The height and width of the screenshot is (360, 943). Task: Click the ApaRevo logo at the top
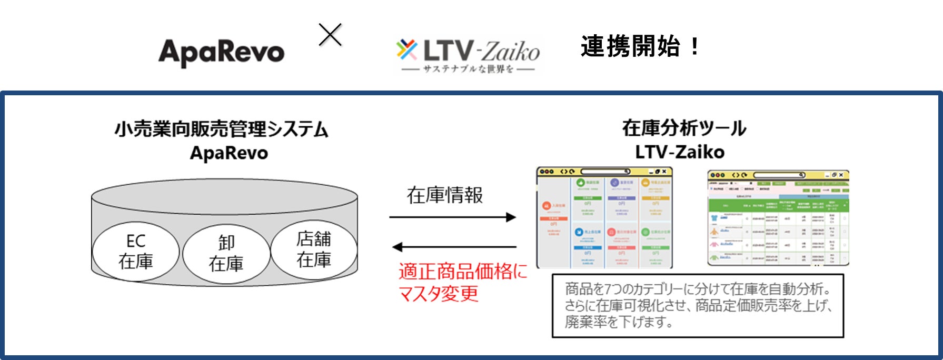221,53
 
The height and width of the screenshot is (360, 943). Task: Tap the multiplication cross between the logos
330,35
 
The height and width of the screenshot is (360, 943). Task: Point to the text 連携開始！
640,46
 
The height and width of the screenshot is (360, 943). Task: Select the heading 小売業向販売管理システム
222,129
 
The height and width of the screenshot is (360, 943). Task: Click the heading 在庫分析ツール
684,128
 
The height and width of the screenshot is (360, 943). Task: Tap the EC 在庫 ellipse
136,251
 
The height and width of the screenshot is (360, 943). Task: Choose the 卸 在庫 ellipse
226,253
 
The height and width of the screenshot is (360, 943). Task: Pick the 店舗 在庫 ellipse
314,249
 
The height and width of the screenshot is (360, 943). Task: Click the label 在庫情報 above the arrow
444,195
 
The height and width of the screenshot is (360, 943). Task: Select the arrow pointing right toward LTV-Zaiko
452,217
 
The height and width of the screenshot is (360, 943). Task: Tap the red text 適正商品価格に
462,272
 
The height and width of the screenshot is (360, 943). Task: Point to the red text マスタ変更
438,294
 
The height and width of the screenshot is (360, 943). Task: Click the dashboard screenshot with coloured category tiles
604,217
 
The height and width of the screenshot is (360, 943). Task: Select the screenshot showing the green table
778,218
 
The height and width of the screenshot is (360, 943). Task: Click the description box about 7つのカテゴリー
698,305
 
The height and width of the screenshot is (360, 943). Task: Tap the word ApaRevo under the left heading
229,153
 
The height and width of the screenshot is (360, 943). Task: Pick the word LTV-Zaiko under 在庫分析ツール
680,152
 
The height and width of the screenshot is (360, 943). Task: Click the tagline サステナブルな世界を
468,69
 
